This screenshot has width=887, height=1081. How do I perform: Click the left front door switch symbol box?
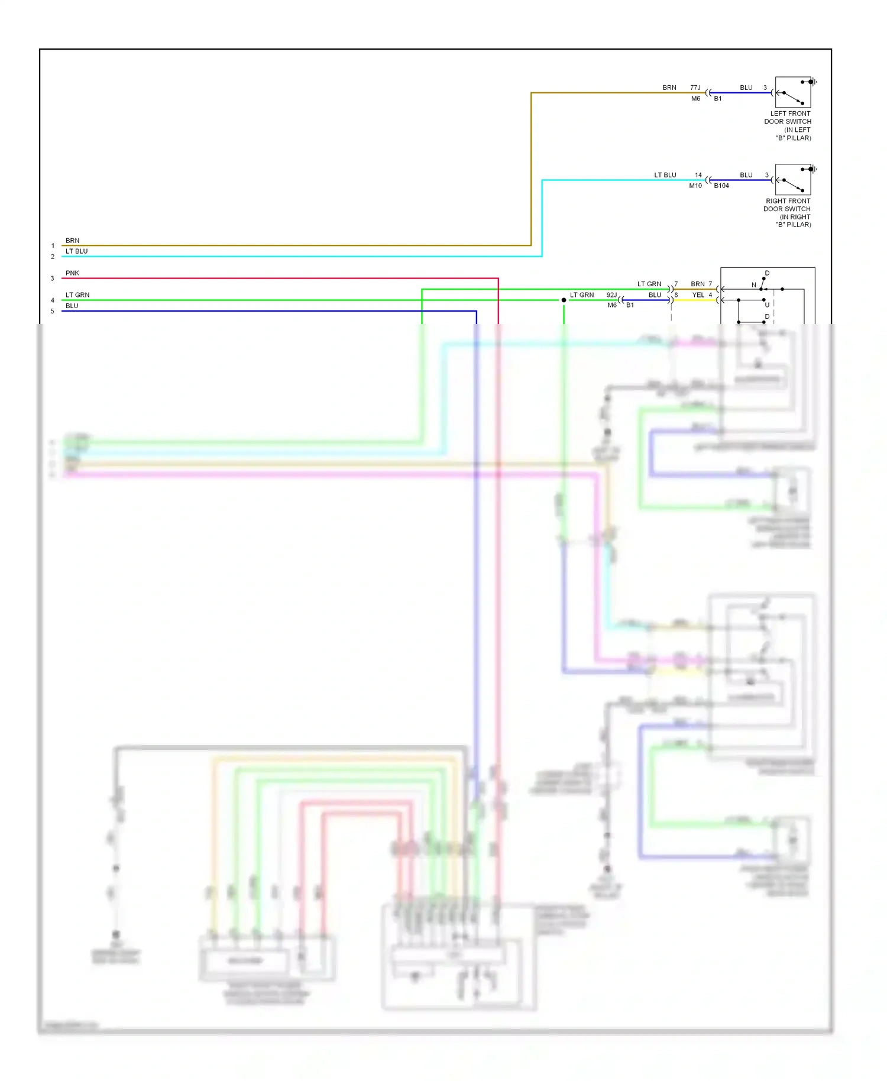[x=792, y=92]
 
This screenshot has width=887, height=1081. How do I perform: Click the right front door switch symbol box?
[x=792, y=180]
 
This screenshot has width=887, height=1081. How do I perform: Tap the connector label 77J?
[x=695, y=88]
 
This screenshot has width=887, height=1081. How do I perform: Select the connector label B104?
[x=721, y=186]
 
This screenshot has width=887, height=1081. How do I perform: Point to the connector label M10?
[x=695, y=186]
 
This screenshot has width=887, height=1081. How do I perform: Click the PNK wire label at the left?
[x=72, y=273]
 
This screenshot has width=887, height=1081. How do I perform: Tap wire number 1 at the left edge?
[x=53, y=246]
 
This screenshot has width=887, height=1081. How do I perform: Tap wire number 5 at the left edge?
[x=53, y=311]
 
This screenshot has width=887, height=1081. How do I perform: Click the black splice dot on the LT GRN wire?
[x=564, y=300]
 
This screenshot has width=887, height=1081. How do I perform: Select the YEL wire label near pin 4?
[x=698, y=295]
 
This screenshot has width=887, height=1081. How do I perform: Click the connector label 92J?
[x=611, y=295]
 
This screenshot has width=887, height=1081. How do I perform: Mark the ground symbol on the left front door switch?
[x=814, y=82]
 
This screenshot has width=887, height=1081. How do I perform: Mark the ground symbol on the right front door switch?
[x=814, y=169]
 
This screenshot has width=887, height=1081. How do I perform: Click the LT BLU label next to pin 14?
[x=665, y=175]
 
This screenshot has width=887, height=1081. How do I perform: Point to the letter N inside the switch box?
[x=754, y=285]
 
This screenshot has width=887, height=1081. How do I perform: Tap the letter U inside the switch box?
[x=767, y=305]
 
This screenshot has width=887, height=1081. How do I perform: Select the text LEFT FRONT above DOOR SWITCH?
[x=790, y=114]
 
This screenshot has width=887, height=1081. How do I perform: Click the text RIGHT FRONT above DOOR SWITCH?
[x=788, y=201]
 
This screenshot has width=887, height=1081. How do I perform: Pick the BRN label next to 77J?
[x=669, y=88]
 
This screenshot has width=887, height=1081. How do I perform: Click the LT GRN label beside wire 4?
[x=77, y=295]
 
